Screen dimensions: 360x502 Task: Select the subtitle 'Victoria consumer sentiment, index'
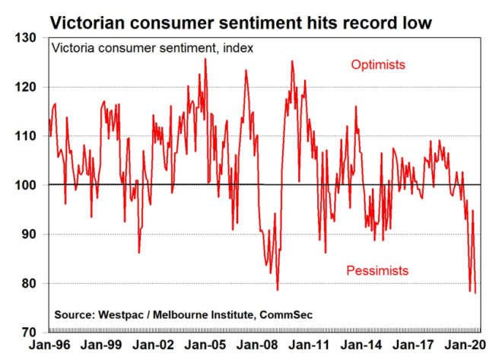152,48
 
